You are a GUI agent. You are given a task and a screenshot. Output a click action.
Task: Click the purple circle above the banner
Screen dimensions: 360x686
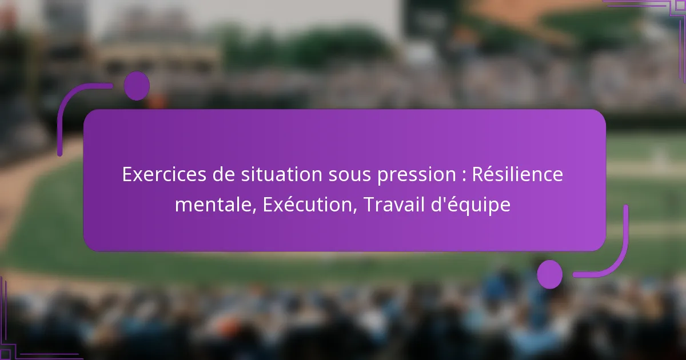tap(137, 86)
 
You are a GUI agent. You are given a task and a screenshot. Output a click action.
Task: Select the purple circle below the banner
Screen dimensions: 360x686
tap(550, 274)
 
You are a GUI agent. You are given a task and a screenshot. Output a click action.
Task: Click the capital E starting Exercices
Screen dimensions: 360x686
tap(127, 175)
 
